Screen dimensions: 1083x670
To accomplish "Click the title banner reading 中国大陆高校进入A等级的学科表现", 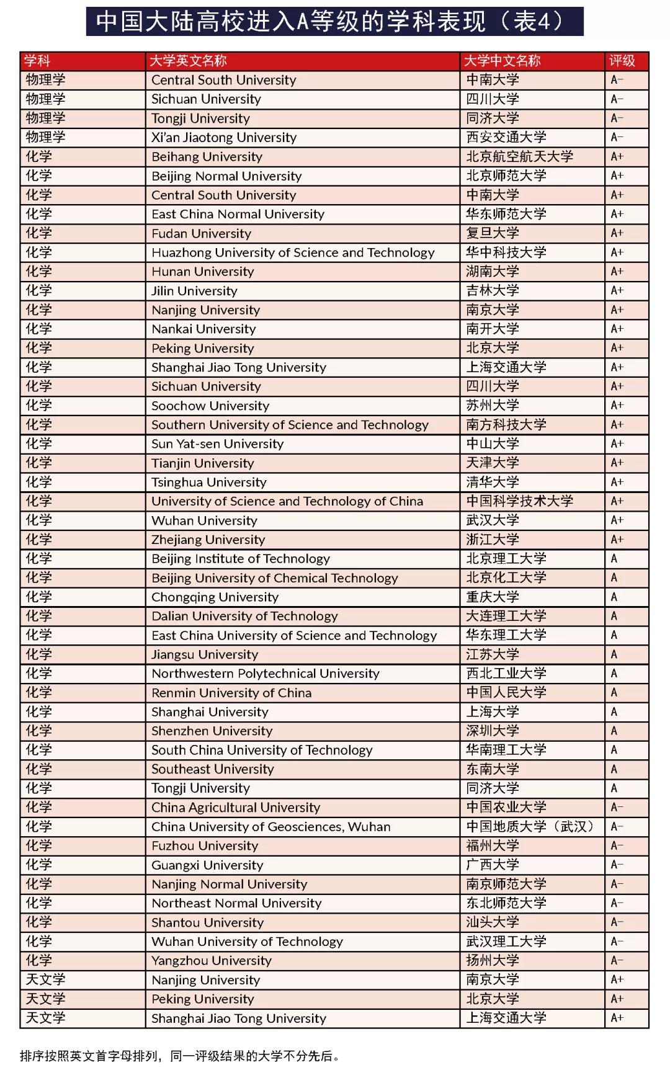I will coord(334,22).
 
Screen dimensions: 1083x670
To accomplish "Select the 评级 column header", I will coord(622,61).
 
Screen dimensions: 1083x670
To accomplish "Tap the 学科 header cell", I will coord(37,61).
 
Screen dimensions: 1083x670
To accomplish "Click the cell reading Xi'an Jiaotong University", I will coord(224,138).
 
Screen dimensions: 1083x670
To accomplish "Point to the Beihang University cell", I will coord(207,157).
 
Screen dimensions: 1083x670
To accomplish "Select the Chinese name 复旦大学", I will coord(493,233).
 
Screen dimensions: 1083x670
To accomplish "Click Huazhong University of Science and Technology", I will coord(293,252).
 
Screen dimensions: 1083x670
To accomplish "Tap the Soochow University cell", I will coord(210,406).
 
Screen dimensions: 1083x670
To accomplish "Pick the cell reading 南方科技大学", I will coord(506,425).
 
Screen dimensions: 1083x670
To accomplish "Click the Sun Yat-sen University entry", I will coord(217,444).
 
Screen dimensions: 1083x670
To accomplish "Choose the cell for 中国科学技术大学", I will coord(519,501).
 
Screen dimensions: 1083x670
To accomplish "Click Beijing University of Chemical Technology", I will coord(274,578).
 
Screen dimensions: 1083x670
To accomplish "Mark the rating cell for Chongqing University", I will coord(614,597).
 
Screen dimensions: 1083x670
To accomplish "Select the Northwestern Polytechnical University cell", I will coord(265,674).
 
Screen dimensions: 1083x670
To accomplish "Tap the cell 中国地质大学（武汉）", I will coord(531,827).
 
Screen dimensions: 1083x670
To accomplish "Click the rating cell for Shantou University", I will coord(617,922).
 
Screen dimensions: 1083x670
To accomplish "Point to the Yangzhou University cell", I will coord(211,961).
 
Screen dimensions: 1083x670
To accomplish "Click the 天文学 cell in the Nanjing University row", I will coord(45,980).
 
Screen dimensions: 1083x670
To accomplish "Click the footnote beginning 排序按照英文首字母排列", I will coord(181,1056).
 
